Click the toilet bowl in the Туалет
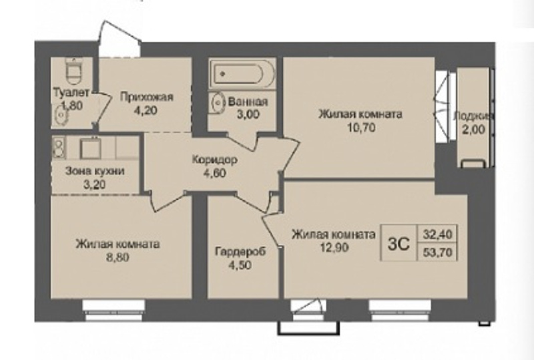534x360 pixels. [x=73, y=71]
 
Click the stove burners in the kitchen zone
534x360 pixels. [x=59, y=148]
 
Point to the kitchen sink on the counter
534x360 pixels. [x=91, y=148]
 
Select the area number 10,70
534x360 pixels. [x=361, y=127]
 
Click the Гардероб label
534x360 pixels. [x=240, y=252]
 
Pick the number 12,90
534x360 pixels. [x=334, y=247]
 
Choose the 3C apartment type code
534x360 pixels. [x=398, y=244]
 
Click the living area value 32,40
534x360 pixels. [x=438, y=234]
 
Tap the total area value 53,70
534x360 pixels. [x=438, y=252]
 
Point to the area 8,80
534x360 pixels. [x=118, y=256]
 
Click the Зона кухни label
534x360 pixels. [x=95, y=171]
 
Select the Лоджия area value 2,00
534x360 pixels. [x=474, y=129]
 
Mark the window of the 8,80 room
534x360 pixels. [x=113, y=310]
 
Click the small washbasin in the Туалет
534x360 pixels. [x=61, y=113]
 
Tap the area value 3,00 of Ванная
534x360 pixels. [x=248, y=114]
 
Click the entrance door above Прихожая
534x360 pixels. [x=119, y=39]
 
